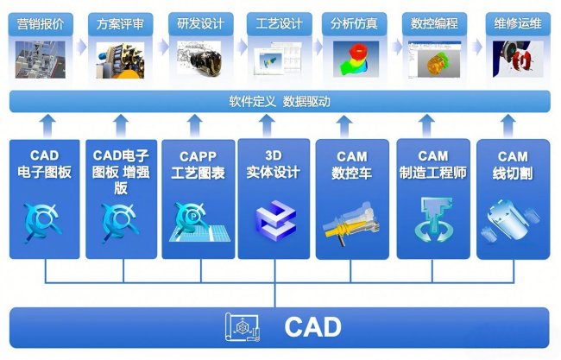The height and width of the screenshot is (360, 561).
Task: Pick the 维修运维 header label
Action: coord(514,24)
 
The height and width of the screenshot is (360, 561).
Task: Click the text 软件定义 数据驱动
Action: coord(280,101)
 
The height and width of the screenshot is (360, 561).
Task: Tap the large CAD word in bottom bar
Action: coord(312,328)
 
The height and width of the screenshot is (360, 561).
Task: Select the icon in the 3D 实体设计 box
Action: coord(275,216)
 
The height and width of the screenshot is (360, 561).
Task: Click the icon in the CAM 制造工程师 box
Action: coord(432,217)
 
